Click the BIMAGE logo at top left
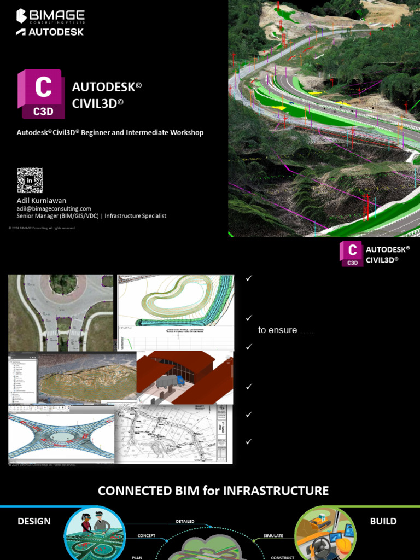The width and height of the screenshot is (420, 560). click(50, 16)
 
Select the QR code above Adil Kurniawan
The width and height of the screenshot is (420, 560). click(30, 180)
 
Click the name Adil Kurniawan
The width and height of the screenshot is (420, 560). click(41, 201)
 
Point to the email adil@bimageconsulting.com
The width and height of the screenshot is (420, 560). click(54, 208)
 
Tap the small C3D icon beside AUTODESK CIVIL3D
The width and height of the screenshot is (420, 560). click(351, 254)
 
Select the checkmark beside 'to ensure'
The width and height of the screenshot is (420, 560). click(249, 318)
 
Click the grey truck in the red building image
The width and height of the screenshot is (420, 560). click(170, 381)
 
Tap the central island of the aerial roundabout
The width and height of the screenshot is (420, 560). click(63, 284)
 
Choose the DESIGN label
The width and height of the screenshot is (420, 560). click(34, 521)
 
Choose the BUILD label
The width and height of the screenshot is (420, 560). click(383, 521)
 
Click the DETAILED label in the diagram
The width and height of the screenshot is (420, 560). click(185, 521)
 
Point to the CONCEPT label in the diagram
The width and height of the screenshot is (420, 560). click(147, 536)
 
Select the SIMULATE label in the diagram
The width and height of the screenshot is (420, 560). click(273, 536)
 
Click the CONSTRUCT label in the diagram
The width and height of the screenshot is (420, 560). click(283, 557)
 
